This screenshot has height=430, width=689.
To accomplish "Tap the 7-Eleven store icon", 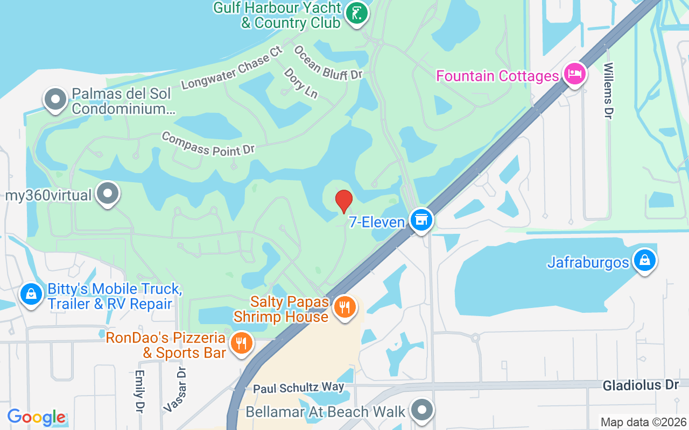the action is point(421,220).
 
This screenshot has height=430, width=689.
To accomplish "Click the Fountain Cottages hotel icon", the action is point(574,74).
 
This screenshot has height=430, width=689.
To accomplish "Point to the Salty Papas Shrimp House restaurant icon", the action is point(344,307).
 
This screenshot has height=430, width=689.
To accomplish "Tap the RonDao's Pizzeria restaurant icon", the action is point(241,342).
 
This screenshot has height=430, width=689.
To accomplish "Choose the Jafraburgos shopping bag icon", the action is point(644,261).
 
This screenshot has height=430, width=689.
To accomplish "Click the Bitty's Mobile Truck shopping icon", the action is point(32,295).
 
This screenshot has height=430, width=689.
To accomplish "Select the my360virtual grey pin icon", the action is point(108,193).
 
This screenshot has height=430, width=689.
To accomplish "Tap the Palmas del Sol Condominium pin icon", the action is point(55,99).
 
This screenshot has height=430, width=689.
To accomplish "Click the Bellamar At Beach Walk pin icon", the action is point(421,410).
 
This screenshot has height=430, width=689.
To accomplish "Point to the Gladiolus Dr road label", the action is point(641,385).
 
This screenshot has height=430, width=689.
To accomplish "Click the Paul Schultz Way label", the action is point(298,388).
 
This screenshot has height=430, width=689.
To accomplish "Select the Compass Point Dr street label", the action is point(208,144).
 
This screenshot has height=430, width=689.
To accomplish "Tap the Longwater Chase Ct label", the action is point(232,68).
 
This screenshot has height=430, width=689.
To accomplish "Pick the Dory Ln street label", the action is point(300,83).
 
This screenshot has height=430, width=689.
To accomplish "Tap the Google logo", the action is point(37,417).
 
